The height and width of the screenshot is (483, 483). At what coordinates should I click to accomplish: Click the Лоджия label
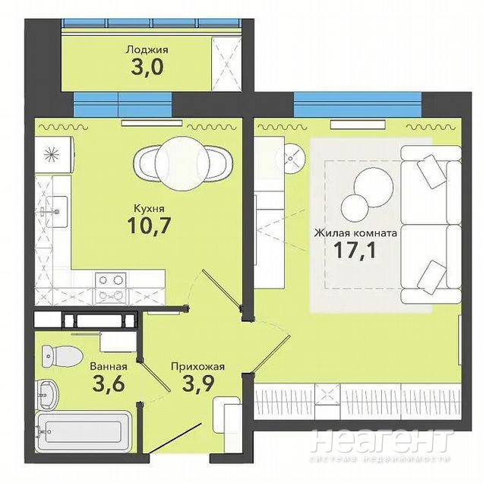pyautogui.click(x=147, y=50)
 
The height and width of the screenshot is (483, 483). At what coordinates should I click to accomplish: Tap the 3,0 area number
pyautogui.click(x=147, y=68)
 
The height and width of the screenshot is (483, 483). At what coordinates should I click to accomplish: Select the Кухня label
pyautogui.click(x=149, y=209)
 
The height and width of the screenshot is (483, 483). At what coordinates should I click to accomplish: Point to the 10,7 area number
pyautogui.click(x=149, y=226)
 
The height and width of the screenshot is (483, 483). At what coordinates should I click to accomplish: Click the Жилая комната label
pyautogui.click(x=355, y=233)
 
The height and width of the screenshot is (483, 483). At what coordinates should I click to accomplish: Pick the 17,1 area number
pyautogui.click(x=355, y=251)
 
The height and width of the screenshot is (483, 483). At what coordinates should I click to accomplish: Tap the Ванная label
pyautogui.click(x=109, y=367)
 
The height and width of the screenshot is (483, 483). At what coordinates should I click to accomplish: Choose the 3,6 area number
pyautogui.click(x=109, y=384)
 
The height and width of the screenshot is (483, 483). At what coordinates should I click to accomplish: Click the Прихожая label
pyautogui.click(x=197, y=367)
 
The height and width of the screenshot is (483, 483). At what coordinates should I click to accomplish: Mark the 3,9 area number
pyautogui.click(x=198, y=384)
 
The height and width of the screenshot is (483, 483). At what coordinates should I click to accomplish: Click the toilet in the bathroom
pyautogui.click(x=62, y=357)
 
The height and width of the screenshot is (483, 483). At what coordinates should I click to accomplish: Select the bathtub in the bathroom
pyautogui.click(x=83, y=432)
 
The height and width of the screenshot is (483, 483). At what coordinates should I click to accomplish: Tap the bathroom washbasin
pyautogui.click(x=47, y=393)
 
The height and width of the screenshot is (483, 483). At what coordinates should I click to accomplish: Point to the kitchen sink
pyautogui.click(x=55, y=212)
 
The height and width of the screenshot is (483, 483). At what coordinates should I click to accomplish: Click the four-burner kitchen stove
pyautogui.click(x=111, y=288)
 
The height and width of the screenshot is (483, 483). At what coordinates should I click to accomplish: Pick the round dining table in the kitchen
pyautogui.click(x=182, y=163)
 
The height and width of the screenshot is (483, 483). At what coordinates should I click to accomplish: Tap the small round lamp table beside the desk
pyautogui.click(x=291, y=159)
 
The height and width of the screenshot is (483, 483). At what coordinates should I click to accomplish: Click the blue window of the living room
pyautogui.click(x=358, y=105)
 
